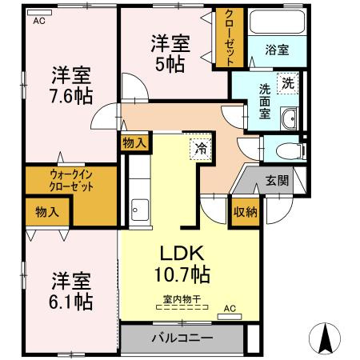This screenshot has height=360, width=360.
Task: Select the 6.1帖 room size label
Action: pos(71,301)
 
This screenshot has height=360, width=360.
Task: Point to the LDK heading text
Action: pos(185,250)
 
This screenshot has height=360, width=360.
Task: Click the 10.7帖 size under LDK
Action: pos(185,274)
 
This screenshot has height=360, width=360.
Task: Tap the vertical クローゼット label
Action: pos(229,38)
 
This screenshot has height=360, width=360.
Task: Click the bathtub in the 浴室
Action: pos(278,23)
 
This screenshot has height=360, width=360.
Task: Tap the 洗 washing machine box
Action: pos(286,82)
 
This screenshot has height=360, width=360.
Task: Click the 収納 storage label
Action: pos(245,211)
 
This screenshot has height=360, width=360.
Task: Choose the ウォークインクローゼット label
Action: pos(70,180)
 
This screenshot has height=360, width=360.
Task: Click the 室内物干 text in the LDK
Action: pos(181,300)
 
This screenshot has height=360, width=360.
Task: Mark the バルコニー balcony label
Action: pos(182,338)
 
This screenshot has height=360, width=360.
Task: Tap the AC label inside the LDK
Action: pos(230,307)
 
